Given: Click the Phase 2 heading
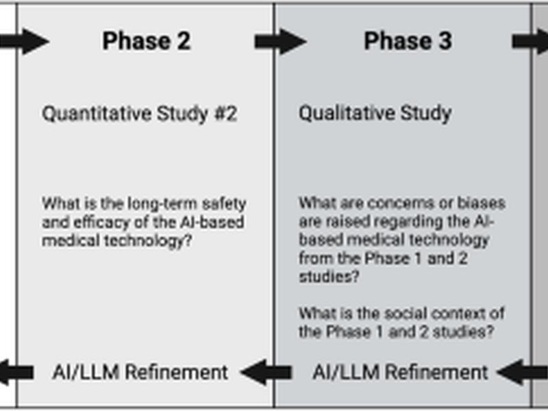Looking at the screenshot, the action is [x=147, y=41].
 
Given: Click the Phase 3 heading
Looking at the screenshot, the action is [x=408, y=41].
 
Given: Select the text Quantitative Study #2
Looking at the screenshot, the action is [x=140, y=114].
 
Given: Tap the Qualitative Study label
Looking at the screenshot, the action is [x=375, y=114].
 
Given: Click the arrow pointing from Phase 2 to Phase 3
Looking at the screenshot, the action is [x=281, y=42].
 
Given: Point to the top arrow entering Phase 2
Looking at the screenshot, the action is [x=24, y=42].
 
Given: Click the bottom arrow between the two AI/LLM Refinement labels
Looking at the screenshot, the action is [x=266, y=372].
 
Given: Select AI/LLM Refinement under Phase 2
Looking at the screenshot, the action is [x=140, y=372].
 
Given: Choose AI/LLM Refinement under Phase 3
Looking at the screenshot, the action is [x=400, y=372].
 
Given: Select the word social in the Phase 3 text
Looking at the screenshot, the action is [x=406, y=314].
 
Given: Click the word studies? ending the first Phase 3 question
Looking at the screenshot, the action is [x=329, y=277].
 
